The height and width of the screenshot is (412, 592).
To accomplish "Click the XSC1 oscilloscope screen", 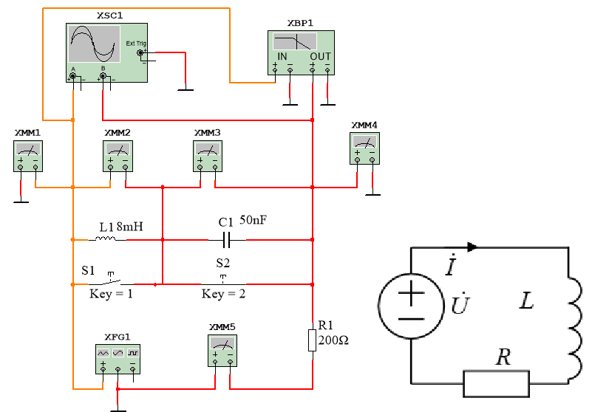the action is click(x=95, y=44).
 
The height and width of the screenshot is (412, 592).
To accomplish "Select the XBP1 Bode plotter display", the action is click(x=295, y=41).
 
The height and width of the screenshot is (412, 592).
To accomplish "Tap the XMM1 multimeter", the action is click(x=28, y=157).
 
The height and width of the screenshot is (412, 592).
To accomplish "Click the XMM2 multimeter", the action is click(x=118, y=157).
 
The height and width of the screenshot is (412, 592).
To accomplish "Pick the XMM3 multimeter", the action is click(x=208, y=157).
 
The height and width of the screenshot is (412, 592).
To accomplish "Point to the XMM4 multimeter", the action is click(x=364, y=148).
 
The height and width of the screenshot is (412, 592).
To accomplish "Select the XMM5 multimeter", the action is click(x=222, y=351).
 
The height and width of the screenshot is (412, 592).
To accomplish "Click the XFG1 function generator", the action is click(x=118, y=359).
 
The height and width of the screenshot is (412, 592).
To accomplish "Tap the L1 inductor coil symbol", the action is click(x=106, y=238).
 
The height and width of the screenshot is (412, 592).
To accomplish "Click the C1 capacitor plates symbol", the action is click(x=227, y=240).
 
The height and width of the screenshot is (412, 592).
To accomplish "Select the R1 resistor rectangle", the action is click(x=312, y=340).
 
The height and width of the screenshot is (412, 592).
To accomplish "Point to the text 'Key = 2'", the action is click(x=223, y=294).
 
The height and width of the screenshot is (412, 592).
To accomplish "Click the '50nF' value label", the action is click(x=254, y=219).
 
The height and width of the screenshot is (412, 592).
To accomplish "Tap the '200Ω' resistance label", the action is click(x=333, y=340).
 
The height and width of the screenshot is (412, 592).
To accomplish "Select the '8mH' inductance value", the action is click(x=130, y=227).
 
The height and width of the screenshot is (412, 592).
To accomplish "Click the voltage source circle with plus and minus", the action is click(x=411, y=306).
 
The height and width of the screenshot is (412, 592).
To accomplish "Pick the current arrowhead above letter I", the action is click(x=472, y=247).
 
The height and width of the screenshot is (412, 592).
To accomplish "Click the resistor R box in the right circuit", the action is click(x=497, y=384).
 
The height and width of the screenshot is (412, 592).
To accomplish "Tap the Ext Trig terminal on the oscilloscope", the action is click(x=140, y=53).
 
